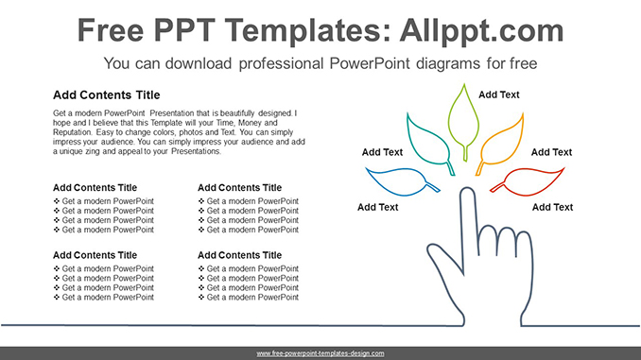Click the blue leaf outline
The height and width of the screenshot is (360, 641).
[402, 180]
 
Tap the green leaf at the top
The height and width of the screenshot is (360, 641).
[463, 118]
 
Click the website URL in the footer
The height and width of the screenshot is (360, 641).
[320, 352]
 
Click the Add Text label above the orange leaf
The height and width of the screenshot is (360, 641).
[499, 94]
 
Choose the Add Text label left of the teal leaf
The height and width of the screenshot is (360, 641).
[382, 152]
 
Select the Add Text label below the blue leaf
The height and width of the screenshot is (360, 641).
[378, 207]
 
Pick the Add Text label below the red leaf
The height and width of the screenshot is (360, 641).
[552, 207]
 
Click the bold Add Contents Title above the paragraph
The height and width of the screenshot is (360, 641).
[107, 95]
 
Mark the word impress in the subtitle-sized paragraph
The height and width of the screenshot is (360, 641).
[73, 142]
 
